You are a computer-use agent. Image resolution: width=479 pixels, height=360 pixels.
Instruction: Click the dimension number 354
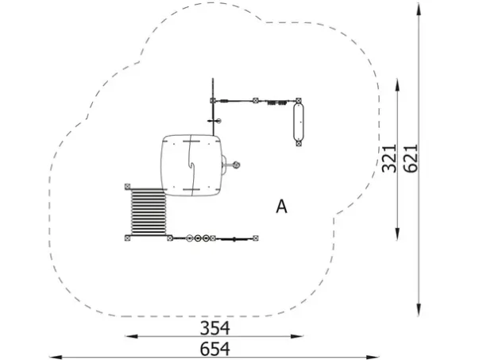click(214, 328)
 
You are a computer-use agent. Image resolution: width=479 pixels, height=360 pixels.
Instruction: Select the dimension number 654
click(214, 349)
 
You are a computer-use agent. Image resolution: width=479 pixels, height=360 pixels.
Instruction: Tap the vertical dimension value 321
click(389, 158)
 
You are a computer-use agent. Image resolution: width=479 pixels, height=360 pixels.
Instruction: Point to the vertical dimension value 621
click(410, 158)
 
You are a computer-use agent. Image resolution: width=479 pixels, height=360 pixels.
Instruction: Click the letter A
click(281, 207)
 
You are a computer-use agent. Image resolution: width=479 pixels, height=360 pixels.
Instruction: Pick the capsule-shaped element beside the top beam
click(299, 122)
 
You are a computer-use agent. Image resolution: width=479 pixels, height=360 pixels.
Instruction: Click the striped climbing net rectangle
click(149, 212)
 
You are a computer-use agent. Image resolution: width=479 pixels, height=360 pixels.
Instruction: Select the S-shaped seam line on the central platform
click(191, 165)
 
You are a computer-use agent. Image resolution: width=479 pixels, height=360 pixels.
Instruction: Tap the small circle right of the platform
click(236, 165)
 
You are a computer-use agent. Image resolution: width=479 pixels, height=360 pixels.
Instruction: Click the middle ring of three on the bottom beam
click(198, 238)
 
